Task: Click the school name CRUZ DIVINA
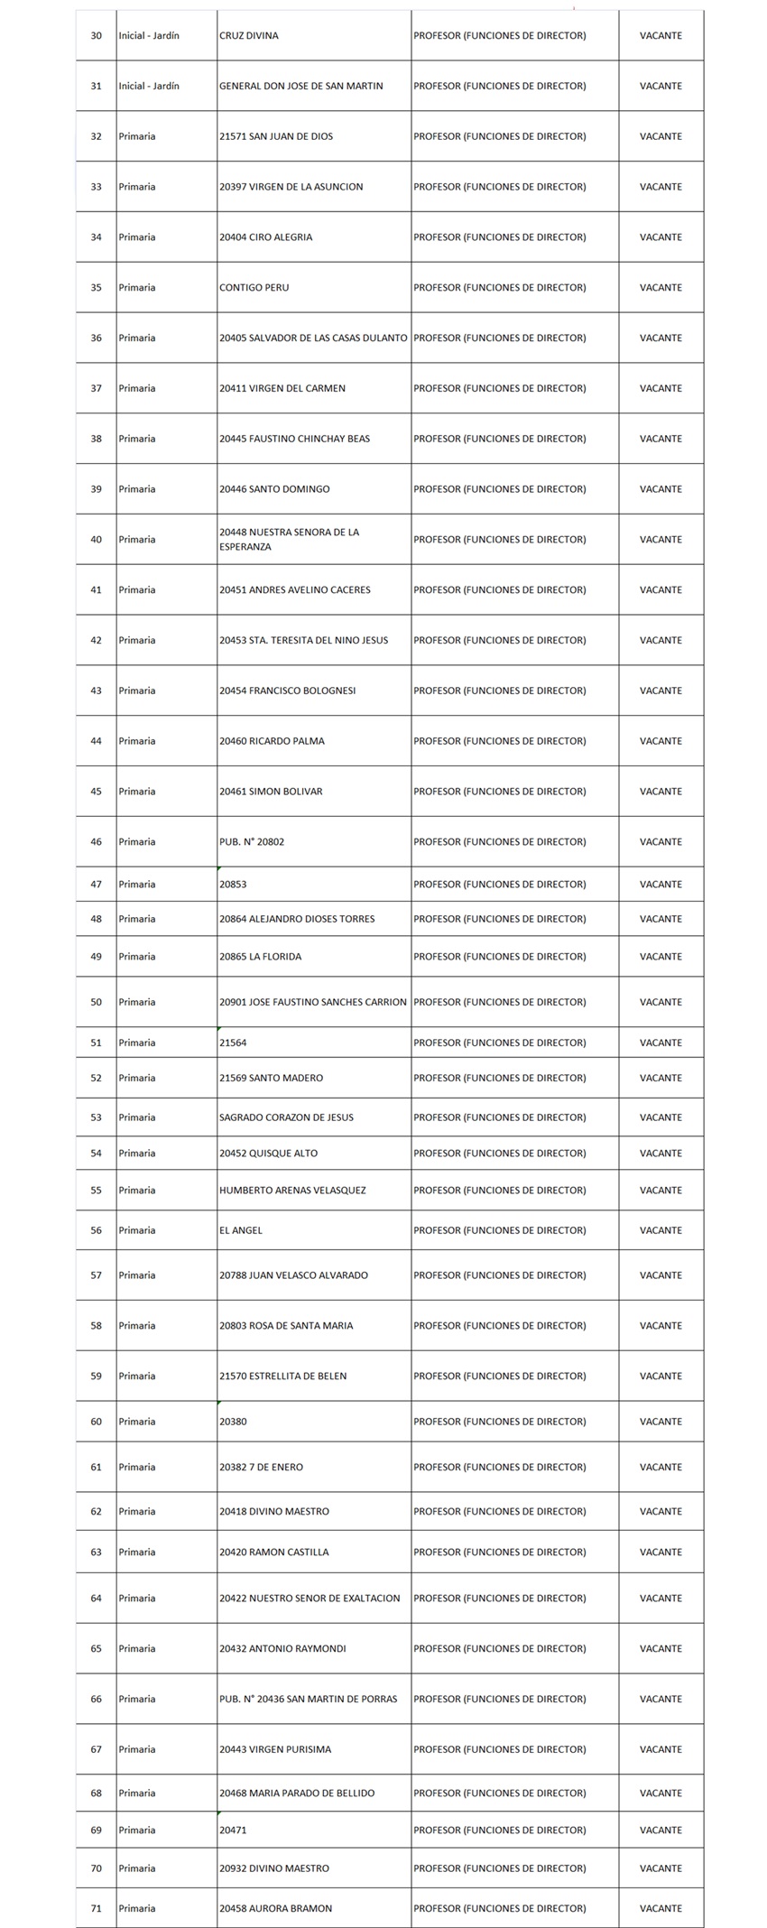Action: [x=249, y=36]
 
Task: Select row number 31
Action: [x=97, y=87]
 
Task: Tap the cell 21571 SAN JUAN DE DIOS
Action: [x=276, y=137]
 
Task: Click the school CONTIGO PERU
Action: [x=254, y=288]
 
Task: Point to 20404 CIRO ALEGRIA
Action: [x=266, y=237]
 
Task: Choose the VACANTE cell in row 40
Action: [x=661, y=540]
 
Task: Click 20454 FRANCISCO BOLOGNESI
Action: [x=288, y=691]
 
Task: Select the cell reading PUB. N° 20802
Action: [x=252, y=842]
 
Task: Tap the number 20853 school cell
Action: [x=233, y=885]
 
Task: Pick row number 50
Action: [x=97, y=1003]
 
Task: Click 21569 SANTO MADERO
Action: [x=271, y=1079]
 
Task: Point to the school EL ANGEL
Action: [x=241, y=1231]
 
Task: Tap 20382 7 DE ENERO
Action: [x=262, y=1468]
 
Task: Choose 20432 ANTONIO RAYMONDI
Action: [x=282, y=1649]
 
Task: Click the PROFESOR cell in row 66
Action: [x=500, y=1700]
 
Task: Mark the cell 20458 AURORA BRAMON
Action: [x=276, y=1909]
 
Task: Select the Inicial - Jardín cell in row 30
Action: [x=149, y=36]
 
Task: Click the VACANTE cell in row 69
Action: [x=661, y=1831]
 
